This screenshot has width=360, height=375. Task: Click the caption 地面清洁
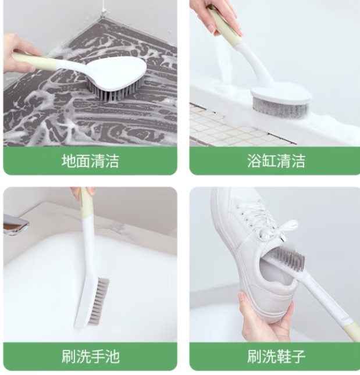90,160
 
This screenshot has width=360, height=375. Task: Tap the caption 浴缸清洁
276,160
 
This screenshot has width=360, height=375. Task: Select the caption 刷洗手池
90,356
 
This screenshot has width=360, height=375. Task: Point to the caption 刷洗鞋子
276,356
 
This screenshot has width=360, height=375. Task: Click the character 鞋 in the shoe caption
283,356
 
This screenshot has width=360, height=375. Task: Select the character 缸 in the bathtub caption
269,160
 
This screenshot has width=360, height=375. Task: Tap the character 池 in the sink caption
112,356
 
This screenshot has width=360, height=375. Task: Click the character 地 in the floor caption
69,160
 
